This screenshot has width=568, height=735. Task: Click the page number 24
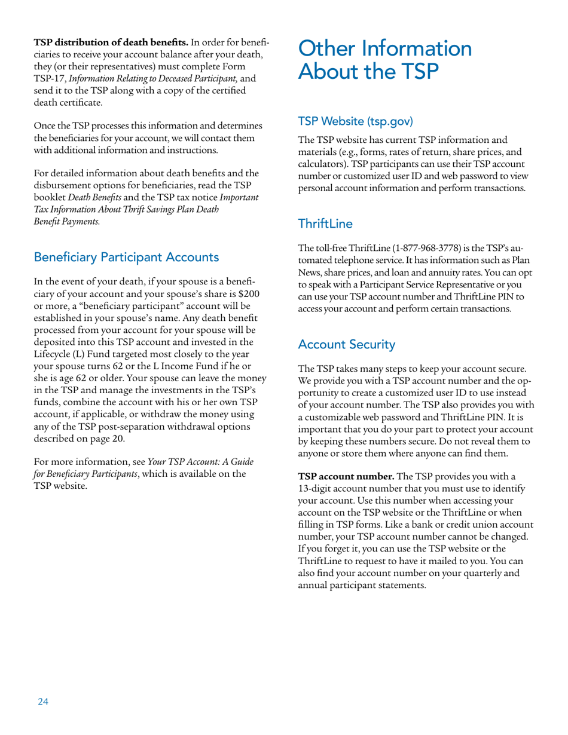(42, 702)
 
